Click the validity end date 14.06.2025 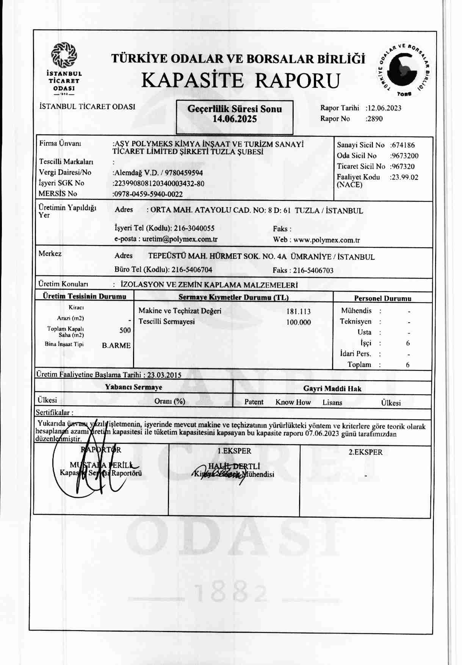pyautogui.click(x=235, y=119)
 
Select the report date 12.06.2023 pyautogui.click(x=384, y=108)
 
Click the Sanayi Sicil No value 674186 pyautogui.click(x=403, y=145)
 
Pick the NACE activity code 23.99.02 pyautogui.click(x=405, y=177)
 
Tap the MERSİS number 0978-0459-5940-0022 pyautogui.click(x=149, y=195)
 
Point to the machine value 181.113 pyautogui.click(x=299, y=312)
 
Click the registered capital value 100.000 pyautogui.click(x=299, y=323)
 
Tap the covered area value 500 pyautogui.click(x=125, y=330)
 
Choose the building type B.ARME pyautogui.click(x=116, y=345)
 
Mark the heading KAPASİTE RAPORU pyautogui.click(x=240, y=80)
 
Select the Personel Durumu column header pyautogui.click(x=382, y=298)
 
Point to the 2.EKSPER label pyautogui.click(x=365, y=452)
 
